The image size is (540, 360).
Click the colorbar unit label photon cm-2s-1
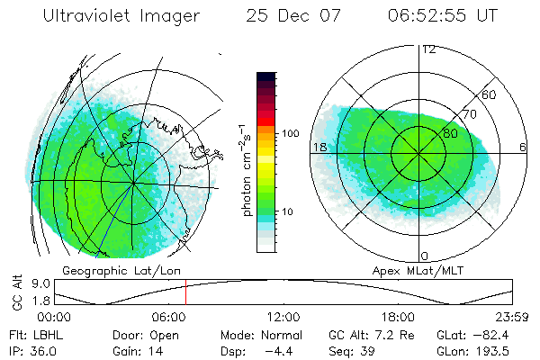click(x=244, y=171)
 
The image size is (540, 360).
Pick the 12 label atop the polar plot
click(x=428, y=49)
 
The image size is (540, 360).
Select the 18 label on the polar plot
click(x=319, y=146)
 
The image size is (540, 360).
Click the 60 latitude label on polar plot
click(x=490, y=94)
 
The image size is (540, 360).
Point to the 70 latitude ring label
click(x=469, y=114)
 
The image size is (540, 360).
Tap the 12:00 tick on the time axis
click(x=283, y=317)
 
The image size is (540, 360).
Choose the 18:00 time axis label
click(x=398, y=317)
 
